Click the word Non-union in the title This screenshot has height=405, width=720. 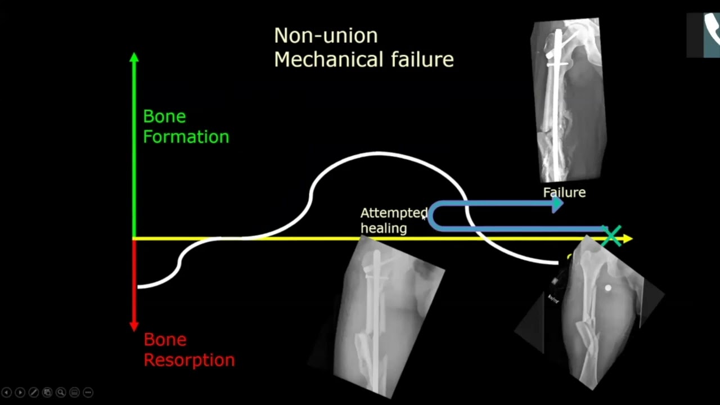[326, 36]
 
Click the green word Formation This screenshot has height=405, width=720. [186, 137]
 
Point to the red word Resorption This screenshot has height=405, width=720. [189, 360]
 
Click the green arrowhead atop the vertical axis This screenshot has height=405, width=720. [134, 57]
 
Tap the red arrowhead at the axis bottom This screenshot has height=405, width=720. [134, 326]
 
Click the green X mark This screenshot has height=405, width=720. [612, 235]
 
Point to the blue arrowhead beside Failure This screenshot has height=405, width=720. [557, 205]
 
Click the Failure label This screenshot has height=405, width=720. [564, 192]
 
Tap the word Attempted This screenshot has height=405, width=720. [394, 213]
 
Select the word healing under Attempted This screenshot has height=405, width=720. [384, 228]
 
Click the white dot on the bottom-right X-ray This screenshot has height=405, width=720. [607, 289]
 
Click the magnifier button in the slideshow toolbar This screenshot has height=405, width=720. [61, 393]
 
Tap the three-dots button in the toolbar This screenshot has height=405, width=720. [88, 393]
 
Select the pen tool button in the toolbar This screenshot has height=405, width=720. [34, 393]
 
